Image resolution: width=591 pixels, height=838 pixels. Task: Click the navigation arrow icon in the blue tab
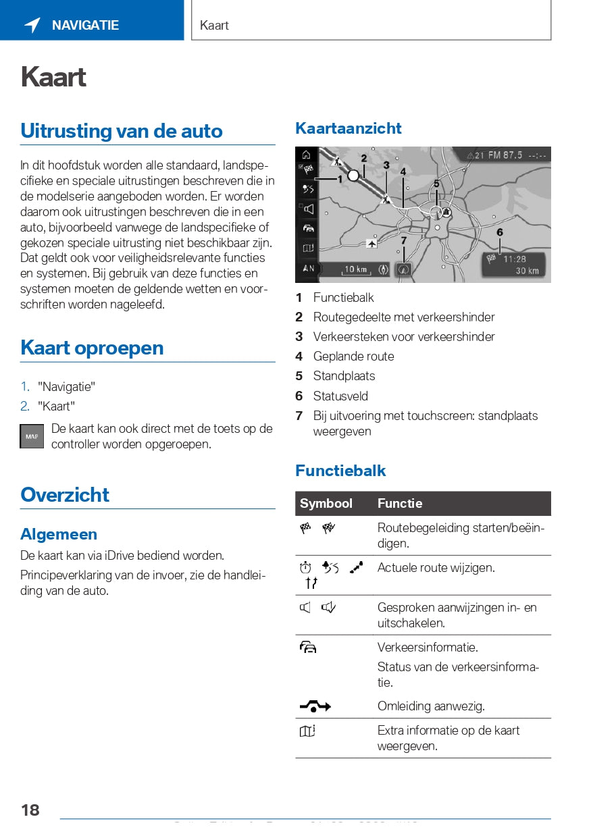click(32, 26)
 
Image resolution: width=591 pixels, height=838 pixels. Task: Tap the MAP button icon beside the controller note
click(32, 436)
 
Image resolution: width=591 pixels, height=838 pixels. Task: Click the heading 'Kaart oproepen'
click(92, 348)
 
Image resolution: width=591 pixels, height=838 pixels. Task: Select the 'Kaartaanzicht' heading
click(348, 128)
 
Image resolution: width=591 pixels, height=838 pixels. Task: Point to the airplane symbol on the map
click(371, 242)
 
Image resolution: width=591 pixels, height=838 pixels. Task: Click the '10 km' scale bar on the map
click(357, 269)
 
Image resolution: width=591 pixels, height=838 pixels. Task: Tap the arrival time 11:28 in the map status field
click(515, 259)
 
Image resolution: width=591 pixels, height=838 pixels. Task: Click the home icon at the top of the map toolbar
click(307, 155)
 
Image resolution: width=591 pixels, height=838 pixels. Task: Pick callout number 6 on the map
click(500, 232)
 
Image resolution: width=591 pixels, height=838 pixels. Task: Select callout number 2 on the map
click(363, 158)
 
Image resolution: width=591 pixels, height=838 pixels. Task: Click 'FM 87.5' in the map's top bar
click(504, 155)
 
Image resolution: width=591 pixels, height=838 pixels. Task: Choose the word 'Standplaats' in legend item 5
click(344, 376)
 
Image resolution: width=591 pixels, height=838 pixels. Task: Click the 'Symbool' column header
click(326, 504)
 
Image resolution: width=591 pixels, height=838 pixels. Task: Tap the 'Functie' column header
click(400, 504)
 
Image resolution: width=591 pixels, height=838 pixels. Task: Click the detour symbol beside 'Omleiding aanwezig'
click(315, 706)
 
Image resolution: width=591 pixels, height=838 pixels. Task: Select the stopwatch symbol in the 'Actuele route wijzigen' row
click(305, 568)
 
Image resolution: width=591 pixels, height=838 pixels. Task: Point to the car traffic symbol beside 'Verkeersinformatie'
click(308, 648)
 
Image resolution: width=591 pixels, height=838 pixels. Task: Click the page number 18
click(30, 810)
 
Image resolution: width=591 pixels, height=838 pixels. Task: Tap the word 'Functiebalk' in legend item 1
click(343, 298)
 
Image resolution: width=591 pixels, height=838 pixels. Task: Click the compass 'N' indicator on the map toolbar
click(308, 268)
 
